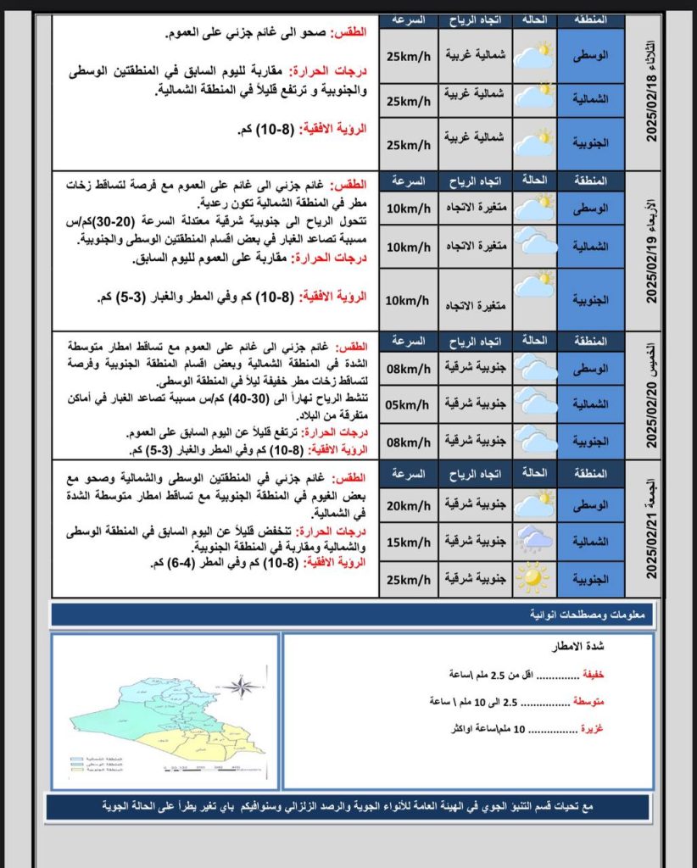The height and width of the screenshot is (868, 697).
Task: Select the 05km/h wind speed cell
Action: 407,404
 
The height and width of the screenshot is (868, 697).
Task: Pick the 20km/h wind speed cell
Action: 407,505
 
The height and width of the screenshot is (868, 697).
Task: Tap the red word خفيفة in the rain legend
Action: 591,675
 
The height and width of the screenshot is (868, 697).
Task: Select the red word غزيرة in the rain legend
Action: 591,728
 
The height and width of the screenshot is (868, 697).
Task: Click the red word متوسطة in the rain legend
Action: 586,702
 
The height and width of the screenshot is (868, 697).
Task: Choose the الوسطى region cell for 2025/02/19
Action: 591,207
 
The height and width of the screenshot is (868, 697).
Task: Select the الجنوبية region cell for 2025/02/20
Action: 591,441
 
